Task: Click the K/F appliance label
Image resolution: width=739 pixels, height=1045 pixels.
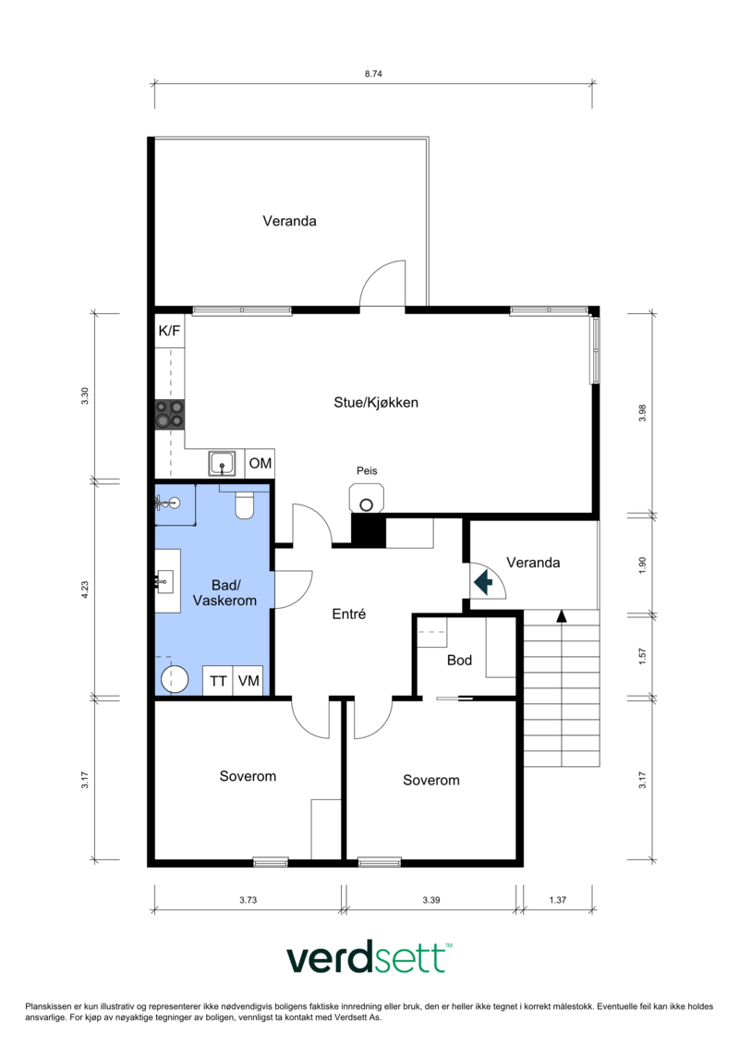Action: (169, 331)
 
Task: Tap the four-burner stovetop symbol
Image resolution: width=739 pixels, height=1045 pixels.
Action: (169, 414)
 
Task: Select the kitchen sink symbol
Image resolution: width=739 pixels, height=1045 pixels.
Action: (222, 463)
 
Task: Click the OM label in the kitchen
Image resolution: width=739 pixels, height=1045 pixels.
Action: (260, 463)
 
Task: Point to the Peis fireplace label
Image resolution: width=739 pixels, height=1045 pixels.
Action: (367, 470)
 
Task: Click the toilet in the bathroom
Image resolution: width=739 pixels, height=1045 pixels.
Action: (245, 505)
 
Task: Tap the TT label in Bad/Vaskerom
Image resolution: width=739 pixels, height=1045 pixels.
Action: (218, 681)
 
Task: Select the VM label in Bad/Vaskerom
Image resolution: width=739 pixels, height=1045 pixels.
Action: (248, 681)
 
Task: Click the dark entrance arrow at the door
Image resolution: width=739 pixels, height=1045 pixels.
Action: (483, 582)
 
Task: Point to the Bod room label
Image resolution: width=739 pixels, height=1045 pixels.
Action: (459, 660)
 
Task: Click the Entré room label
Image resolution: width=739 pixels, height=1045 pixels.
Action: (348, 614)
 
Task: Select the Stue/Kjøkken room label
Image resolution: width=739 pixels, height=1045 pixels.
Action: (376, 403)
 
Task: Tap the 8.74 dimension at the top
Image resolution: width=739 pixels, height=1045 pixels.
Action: (373, 74)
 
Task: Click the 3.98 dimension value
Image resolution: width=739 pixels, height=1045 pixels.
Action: (642, 413)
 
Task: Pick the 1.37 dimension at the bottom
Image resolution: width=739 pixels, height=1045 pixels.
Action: (558, 900)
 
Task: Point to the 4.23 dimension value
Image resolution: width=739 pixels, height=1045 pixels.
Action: (85, 590)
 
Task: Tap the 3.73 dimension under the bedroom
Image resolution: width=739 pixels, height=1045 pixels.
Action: (248, 900)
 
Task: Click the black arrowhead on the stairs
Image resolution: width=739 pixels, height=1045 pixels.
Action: (561, 616)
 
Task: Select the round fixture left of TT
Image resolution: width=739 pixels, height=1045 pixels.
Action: (175, 678)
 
